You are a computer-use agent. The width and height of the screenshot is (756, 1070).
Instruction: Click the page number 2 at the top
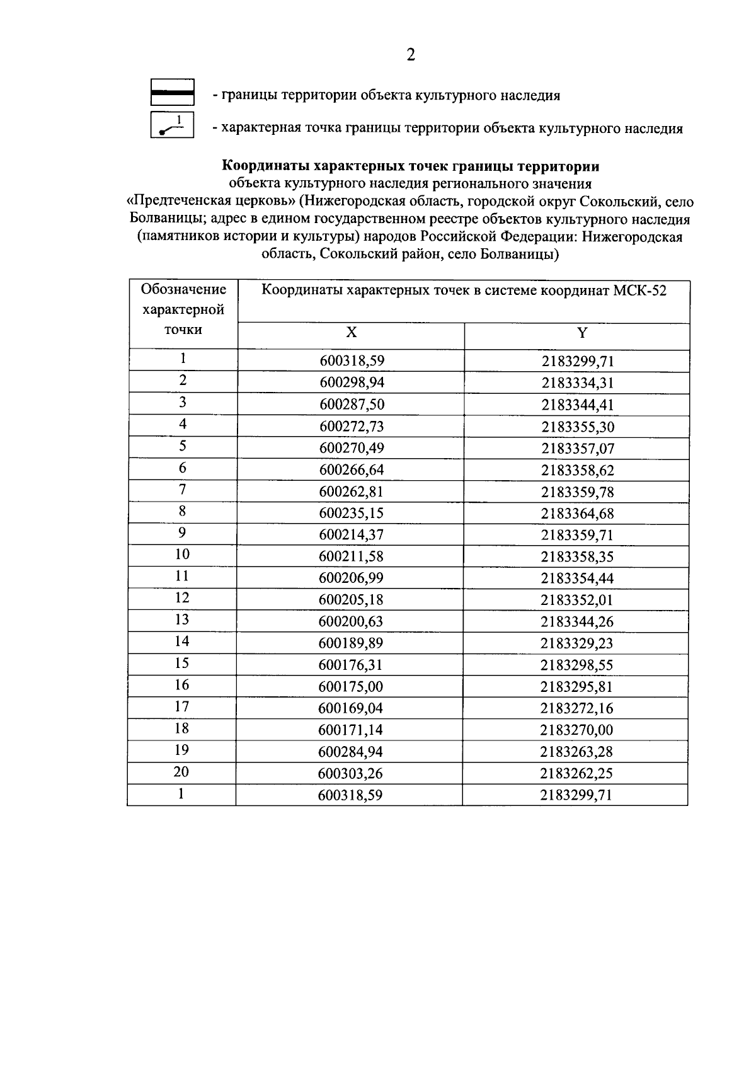[x=411, y=55]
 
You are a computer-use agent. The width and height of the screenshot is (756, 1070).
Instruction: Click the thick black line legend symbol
[x=172, y=92]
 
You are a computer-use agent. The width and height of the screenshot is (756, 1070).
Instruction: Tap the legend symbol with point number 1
[x=172, y=125]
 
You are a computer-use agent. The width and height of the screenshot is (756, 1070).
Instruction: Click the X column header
[x=351, y=333]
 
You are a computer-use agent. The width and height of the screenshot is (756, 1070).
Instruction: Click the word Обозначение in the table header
[x=183, y=289]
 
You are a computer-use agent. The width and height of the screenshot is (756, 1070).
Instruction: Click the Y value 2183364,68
[x=577, y=514]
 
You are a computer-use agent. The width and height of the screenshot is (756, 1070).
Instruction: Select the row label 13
[x=182, y=619]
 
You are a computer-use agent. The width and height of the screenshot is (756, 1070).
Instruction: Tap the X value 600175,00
[x=351, y=687]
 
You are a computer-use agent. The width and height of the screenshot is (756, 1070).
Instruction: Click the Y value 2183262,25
[x=576, y=773]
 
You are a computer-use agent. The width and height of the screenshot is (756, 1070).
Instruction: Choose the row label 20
[x=181, y=772]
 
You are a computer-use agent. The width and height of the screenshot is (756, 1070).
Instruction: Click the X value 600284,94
[x=351, y=752]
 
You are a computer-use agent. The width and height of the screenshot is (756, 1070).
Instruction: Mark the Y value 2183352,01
[x=577, y=600]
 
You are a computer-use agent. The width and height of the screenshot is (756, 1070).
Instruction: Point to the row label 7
[x=183, y=490]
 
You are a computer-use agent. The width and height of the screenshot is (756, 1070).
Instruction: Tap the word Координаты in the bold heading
[x=260, y=166]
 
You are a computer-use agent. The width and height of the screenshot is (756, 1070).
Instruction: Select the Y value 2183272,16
[x=576, y=708]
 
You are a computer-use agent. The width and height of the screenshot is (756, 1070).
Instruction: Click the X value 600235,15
[x=352, y=514]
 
